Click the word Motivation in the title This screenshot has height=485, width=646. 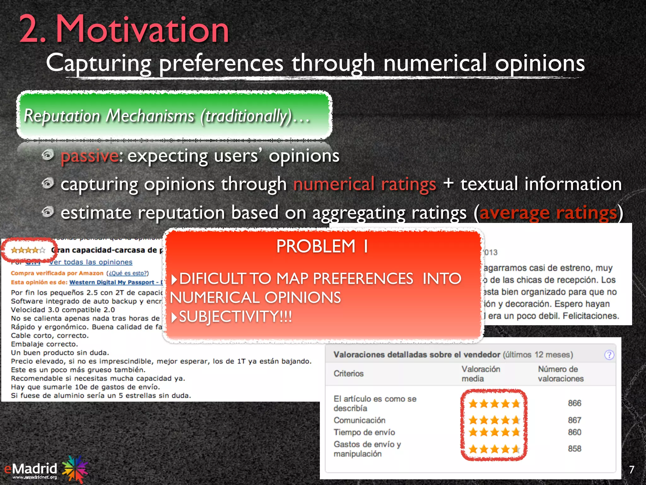[x=142, y=30]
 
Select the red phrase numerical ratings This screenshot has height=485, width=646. [x=365, y=184]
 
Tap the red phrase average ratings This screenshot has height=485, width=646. [x=548, y=213]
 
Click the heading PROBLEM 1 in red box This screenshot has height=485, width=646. [x=322, y=246]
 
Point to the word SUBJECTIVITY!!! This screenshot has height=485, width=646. [x=235, y=317]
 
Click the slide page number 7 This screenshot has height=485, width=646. [x=631, y=470]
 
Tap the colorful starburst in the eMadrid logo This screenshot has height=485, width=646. [x=75, y=469]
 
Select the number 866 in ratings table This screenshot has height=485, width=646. [x=574, y=403]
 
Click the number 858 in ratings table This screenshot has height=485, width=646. [x=574, y=449]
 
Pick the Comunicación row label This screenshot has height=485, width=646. [x=359, y=420]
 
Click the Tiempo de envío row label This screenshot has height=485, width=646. [x=364, y=432]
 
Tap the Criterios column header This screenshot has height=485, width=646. [x=349, y=374]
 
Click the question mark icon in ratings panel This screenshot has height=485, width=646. [x=609, y=355]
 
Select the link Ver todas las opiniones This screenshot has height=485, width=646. [x=91, y=262]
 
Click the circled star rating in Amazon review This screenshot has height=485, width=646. [x=28, y=250]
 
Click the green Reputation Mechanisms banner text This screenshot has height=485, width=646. [x=167, y=116]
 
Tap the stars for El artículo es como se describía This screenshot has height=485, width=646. [x=494, y=404]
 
